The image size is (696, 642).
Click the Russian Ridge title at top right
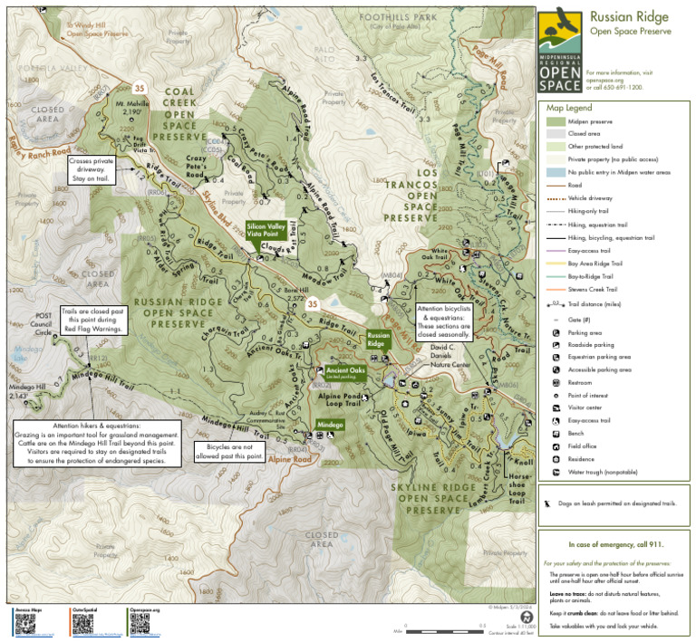click(629, 16)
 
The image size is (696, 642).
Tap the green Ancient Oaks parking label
click(345, 371)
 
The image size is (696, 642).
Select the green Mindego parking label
click(329, 424)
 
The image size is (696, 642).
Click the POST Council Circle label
click(42, 324)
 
